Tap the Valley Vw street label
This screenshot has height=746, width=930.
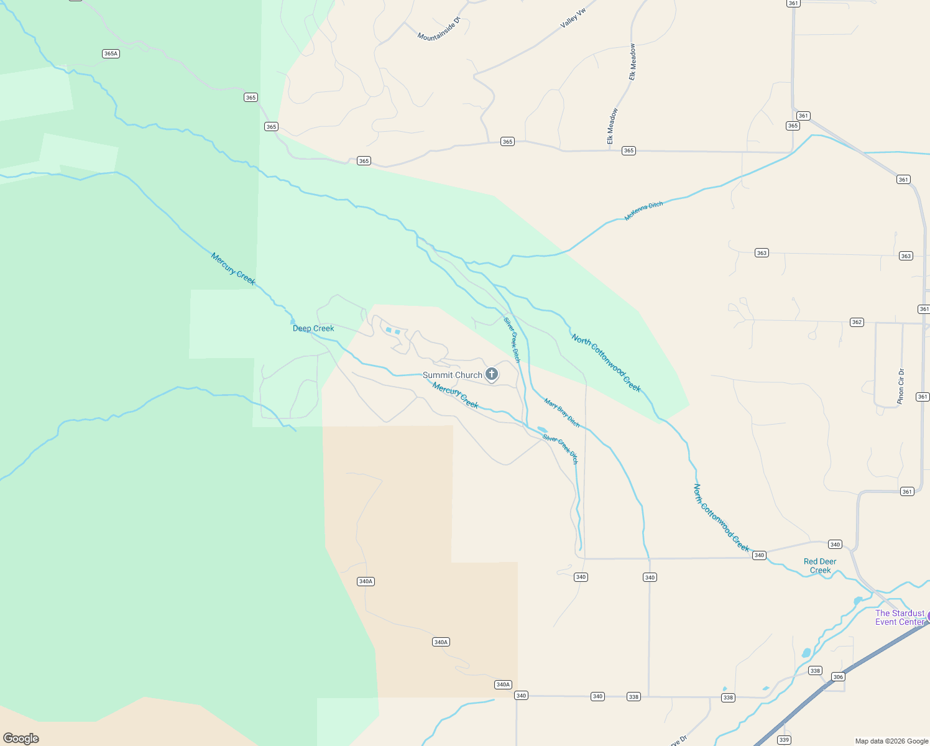click(x=573, y=18)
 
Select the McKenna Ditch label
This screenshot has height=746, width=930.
click(x=643, y=211)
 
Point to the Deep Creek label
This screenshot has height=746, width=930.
click(x=313, y=328)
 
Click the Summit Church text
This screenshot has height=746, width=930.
click(x=452, y=375)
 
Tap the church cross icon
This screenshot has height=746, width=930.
click(x=492, y=374)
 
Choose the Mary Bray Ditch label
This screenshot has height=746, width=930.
click(x=562, y=413)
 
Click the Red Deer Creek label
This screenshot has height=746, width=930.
click(x=820, y=566)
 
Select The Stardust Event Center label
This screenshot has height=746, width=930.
click(x=900, y=617)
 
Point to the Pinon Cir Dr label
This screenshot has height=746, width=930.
click(x=901, y=387)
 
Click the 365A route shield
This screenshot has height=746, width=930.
click(x=111, y=53)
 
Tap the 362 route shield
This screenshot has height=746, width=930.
click(x=857, y=322)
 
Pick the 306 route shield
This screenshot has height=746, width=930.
click(x=838, y=677)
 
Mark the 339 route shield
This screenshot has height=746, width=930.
click(x=784, y=740)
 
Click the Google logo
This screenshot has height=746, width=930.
click(x=21, y=738)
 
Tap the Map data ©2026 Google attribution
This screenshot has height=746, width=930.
click(x=891, y=741)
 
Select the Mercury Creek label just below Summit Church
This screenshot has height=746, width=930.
click(x=455, y=396)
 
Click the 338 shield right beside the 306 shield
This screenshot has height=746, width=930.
click(x=815, y=671)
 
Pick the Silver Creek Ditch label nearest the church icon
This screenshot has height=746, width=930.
click(x=512, y=339)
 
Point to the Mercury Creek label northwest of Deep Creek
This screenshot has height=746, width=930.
click(x=233, y=269)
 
